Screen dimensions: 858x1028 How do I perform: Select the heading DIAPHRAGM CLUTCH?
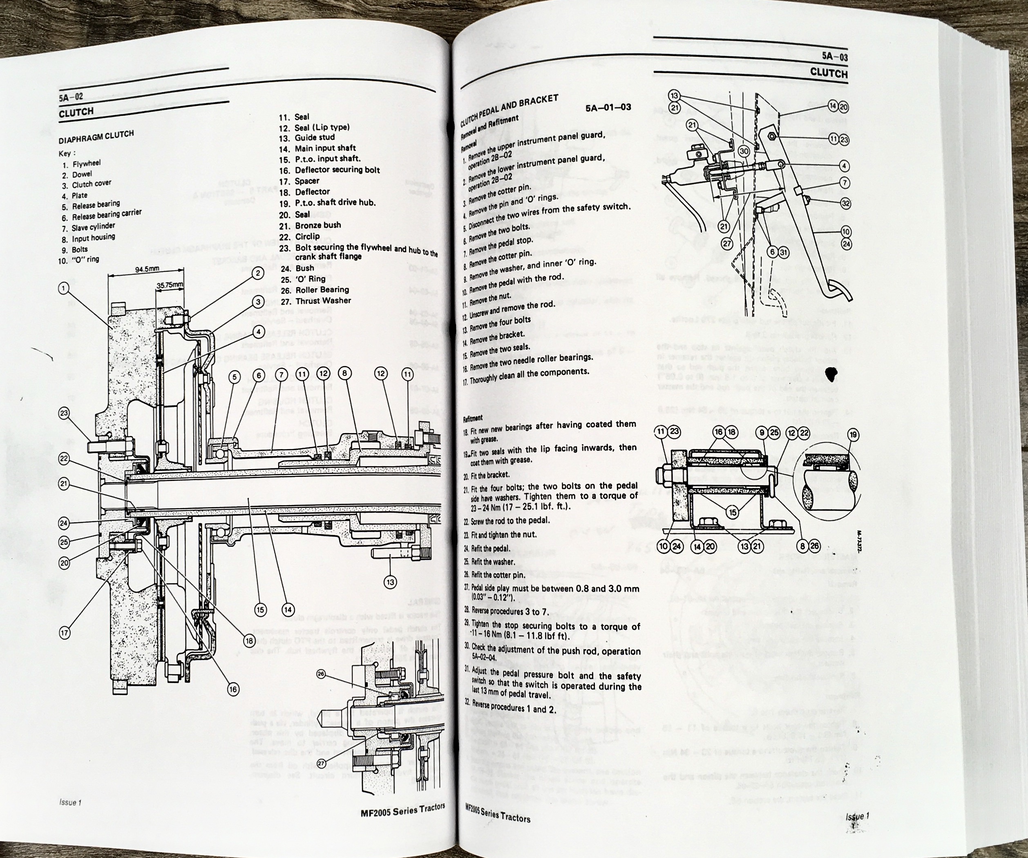click(96, 138)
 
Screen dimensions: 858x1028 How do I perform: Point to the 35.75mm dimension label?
click(170, 284)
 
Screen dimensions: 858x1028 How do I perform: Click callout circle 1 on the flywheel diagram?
click(63, 288)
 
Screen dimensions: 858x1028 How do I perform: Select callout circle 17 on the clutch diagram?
click(65, 633)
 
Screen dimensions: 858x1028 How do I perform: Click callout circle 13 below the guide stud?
click(390, 582)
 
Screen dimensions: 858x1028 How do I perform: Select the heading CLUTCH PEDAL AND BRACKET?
click(509, 111)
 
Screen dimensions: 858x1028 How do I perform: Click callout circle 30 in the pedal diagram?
click(744, 151)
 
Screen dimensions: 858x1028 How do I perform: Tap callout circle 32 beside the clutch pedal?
click(846, 203)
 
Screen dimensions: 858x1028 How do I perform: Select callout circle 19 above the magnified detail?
click(854, 434)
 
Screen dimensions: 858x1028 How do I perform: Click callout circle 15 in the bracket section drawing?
click(732, 512)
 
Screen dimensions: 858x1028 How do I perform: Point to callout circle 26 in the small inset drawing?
click(321, 674)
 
